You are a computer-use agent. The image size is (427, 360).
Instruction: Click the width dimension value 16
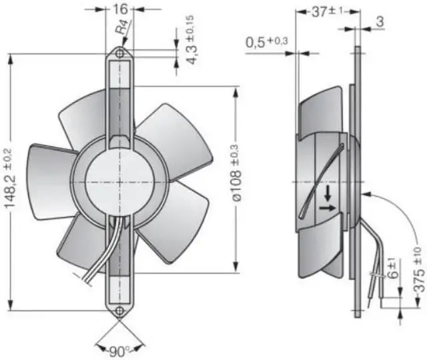tap(120, 11)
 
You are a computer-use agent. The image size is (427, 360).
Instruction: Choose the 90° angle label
tap(120, 350)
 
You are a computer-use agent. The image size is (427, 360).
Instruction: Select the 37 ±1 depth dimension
tap(327, 12)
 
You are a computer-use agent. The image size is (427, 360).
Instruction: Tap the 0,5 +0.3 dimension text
tap(267, 43)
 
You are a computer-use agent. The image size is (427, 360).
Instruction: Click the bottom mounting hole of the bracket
tap(120, 311)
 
